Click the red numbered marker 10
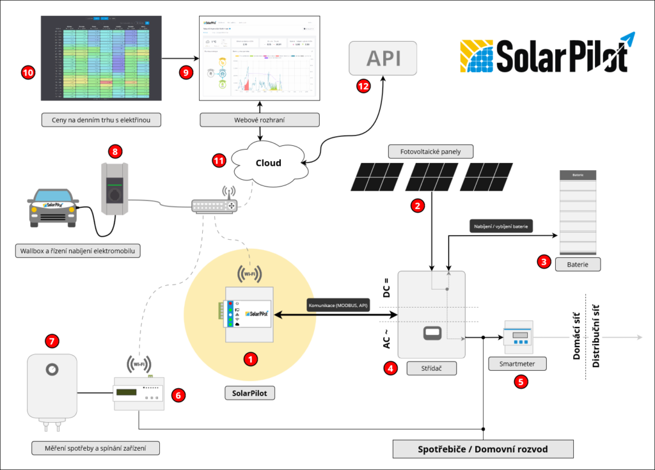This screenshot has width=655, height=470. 28,73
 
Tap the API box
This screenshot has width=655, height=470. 383,58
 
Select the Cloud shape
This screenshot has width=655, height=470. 269,163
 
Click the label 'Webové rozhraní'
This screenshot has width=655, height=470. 259,120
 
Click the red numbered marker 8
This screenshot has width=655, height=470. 115,152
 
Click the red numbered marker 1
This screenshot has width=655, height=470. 251,359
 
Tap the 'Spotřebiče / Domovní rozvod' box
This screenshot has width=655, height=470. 483,449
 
